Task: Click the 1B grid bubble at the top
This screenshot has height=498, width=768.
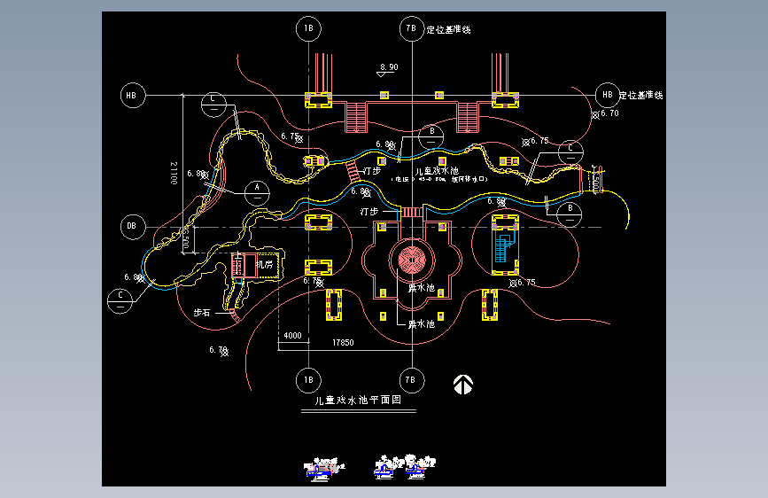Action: [308, 29]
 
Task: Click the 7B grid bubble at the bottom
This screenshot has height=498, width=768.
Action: [410, 379]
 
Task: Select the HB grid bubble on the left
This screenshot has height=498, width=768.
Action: [132, 95]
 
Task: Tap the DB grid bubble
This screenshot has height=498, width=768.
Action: [132, 227]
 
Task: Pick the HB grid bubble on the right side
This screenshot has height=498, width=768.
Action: [607, 95]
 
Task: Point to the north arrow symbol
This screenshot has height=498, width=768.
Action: [462, 384]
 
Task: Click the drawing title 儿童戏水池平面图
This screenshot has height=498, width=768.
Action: [353, 401]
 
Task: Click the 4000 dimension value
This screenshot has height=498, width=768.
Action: [292, 338]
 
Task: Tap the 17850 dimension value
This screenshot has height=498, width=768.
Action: [343, 343]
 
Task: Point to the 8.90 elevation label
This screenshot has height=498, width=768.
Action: [388, 67]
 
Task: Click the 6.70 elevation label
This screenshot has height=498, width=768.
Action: [609, 113]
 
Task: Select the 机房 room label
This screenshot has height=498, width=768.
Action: [265, 264]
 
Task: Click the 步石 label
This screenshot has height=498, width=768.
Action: [202, 313]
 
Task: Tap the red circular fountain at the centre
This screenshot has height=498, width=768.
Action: [411, 260]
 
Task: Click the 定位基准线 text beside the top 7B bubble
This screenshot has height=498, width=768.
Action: [448, 29]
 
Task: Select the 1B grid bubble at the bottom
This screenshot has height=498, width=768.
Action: [308, 379]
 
